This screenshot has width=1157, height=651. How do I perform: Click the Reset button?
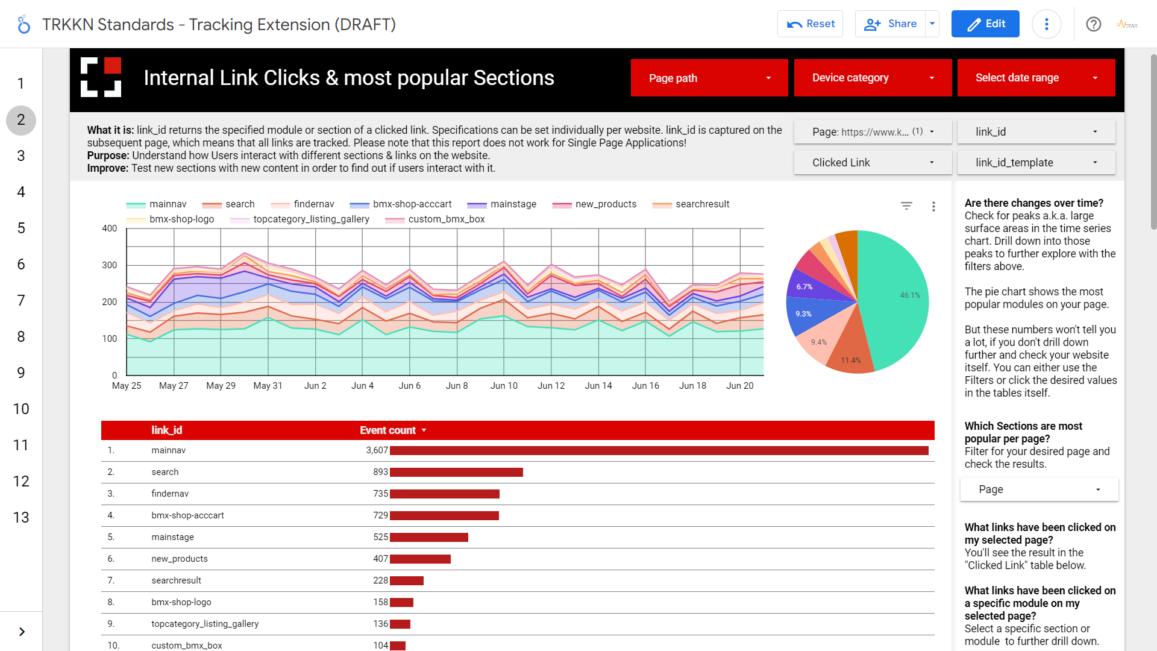[810, 24]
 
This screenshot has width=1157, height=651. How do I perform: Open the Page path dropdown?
[709, 78]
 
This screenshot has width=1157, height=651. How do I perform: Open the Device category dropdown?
[872, 78]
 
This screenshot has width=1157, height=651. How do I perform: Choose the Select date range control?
[1035, 78]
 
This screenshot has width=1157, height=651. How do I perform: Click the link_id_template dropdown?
[1035, 163]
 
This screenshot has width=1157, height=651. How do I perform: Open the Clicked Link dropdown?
[872, 163]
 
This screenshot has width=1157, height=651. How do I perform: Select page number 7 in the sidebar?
[21, 301]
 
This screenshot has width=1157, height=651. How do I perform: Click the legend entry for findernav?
[313, 204]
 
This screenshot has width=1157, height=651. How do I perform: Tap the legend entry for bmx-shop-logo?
[181, 219]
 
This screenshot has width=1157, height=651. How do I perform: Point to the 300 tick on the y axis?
[110, 265]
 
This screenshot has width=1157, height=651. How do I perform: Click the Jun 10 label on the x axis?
[504, 386]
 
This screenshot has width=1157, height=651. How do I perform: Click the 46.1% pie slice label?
[909, 295]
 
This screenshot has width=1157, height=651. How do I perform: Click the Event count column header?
[388, 430]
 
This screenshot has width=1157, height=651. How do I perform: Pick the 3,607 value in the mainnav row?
[377, 450]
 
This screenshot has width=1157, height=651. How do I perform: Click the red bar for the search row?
[456, 472]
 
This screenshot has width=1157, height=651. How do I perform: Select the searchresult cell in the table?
[176, 580]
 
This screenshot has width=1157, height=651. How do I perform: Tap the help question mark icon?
[1093, 24]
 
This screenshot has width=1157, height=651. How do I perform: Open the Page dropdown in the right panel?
[1038, 489]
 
